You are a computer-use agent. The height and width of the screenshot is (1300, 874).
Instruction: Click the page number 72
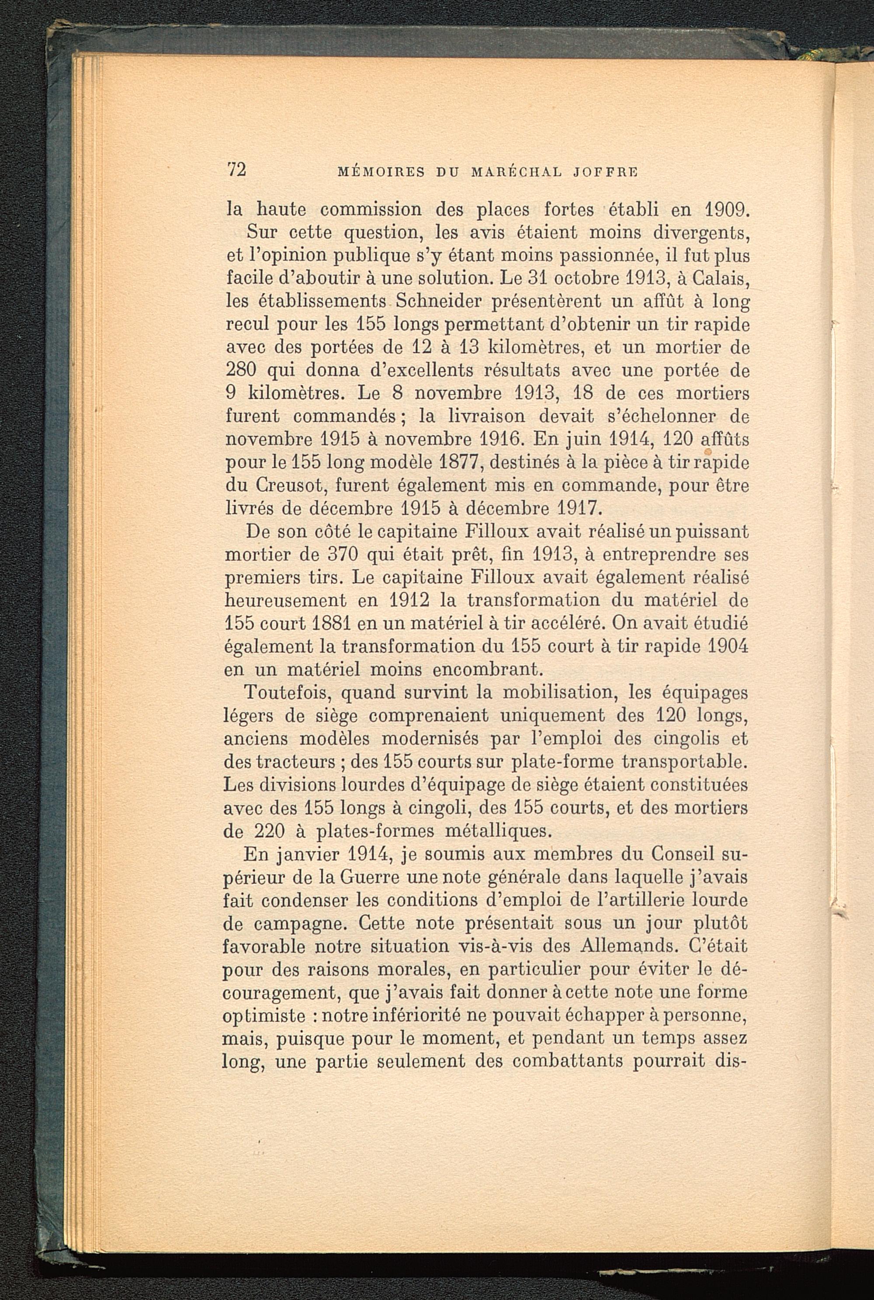(236, 170)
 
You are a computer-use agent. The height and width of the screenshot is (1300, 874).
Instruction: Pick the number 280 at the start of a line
(240, 371)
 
